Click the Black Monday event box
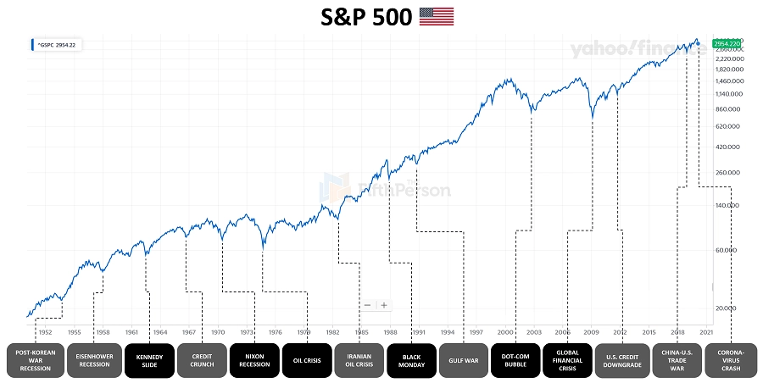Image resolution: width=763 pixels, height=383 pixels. [412, 359]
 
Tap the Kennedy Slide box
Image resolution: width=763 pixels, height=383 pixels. [149, 359]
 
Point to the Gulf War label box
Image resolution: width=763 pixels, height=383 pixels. [465, 359]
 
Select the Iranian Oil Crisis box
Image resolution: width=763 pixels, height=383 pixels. [359, 359]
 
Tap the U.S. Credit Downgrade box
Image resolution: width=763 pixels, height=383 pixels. [622, 359]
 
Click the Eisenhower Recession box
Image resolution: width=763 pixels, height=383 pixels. [93, 359]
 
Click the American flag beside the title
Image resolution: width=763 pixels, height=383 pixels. [437, 15]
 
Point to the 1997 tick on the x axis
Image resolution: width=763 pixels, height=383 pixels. [477, 332]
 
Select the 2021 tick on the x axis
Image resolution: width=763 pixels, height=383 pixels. [707, 332]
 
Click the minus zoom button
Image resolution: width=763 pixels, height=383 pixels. [367, 305]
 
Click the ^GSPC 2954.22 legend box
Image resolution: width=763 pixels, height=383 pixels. [57, 44]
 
